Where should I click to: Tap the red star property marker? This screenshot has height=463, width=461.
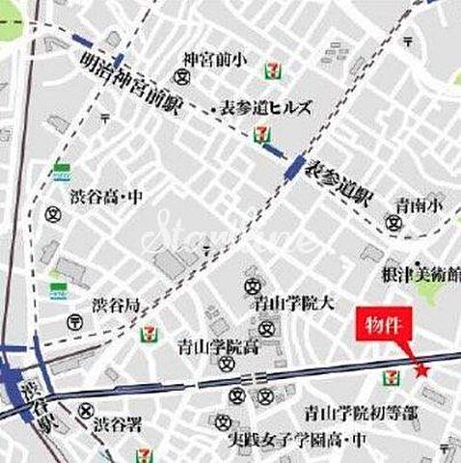(x=420, y=369)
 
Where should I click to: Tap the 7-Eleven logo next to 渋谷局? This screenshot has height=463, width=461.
(x=152, y=334)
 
